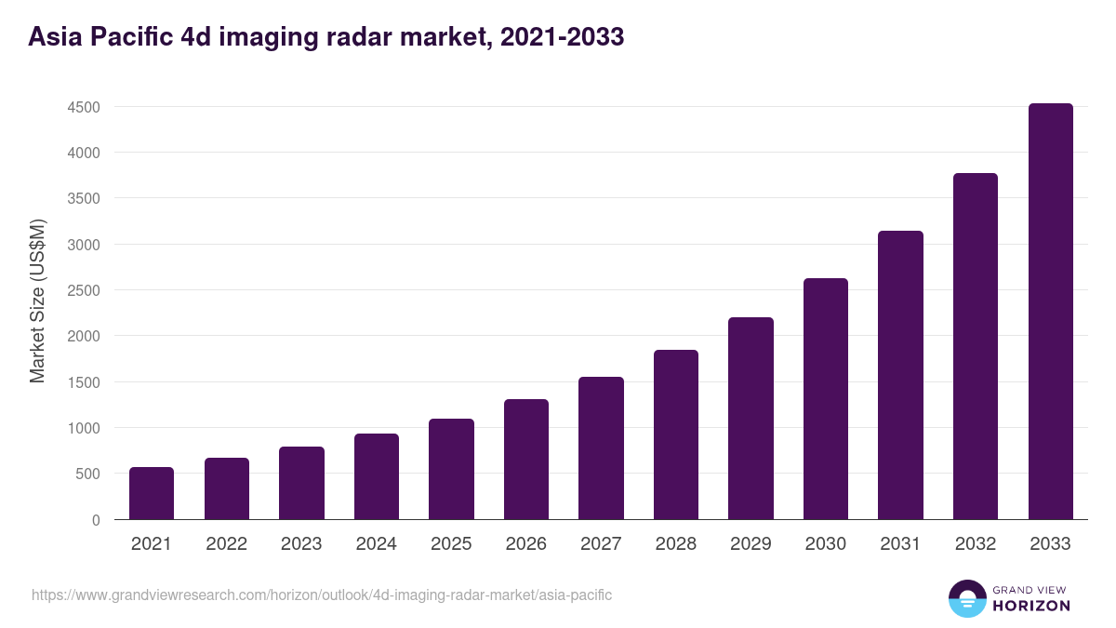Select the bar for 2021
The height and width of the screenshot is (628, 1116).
(x=152, y=493)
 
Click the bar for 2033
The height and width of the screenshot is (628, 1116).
(x=1050, y=312)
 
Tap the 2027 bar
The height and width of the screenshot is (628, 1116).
(x=601, y=448)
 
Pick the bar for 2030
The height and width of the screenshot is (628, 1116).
(x=826, y=398)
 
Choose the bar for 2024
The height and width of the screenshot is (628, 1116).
(x=377, y=476)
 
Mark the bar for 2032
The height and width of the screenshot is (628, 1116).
(x=976, y=346)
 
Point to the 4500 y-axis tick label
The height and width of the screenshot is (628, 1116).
(x=84, y=107)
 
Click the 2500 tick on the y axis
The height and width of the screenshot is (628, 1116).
(x=84, y=290)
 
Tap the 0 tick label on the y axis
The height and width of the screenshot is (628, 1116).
(x=96, y=520)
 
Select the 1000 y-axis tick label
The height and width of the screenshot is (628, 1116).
(x=84, y=428)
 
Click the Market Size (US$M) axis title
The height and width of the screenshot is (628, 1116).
(x=37, y=301)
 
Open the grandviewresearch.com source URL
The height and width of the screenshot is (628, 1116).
(x=322, y=595)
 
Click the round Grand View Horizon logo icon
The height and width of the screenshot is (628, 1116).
(x=967, y=599)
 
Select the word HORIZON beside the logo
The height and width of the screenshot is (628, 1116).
(x=1031, y=606)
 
